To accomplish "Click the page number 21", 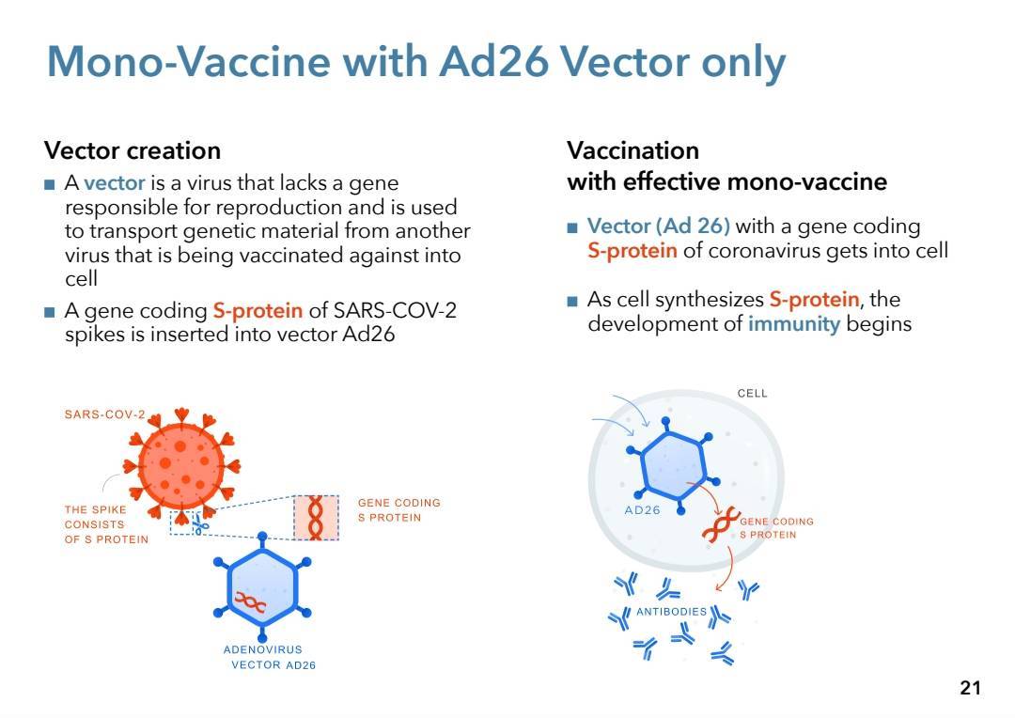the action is click(970, 688).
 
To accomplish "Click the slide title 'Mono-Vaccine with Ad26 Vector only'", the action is click(416, 63).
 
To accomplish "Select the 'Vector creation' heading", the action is click(133, 151).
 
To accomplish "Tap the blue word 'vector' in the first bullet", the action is click(114, 183).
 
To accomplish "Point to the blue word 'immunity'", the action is click(793, 323).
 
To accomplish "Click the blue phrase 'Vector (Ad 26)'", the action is click(658, 226).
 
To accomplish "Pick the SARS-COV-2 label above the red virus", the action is click(105, 414).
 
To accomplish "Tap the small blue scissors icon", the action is click(201, 524).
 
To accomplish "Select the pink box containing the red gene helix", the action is click(316, 517).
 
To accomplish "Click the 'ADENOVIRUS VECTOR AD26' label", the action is click(268, 657).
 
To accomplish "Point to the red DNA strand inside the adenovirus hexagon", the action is click(251, 602).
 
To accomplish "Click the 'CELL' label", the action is click(752, 394).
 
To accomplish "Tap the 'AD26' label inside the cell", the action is click(642, 510).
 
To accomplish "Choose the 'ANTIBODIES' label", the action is click(671, 612).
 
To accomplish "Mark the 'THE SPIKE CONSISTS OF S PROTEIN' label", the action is click(106, 524).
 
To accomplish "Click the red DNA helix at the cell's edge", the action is click(721, 524).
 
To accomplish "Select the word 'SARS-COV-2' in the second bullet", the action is click(395, 310).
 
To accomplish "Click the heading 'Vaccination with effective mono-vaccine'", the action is click(726, 166).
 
